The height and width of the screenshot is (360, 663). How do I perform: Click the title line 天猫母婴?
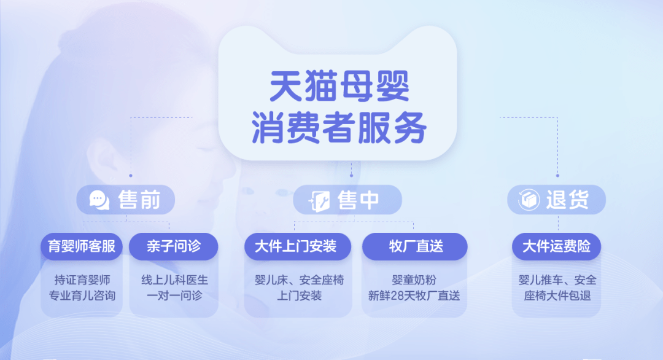(x=339, y=86)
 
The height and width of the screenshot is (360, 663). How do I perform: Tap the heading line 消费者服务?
(x=339, y=127)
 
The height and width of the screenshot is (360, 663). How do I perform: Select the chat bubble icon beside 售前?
(x=99, y=200)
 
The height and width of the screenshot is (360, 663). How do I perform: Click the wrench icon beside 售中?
(x=319, y=200)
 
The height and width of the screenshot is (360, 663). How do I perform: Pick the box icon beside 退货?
(x=529, y=199)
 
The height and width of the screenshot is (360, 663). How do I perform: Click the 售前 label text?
(x=139, y=200)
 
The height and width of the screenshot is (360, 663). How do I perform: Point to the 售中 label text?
(x=358, y=200)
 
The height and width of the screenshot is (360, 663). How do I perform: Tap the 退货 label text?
(x=567, y=199)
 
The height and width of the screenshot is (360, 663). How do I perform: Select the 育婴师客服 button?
(x=82, y=246)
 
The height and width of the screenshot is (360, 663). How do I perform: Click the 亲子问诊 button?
(x=173, y=246)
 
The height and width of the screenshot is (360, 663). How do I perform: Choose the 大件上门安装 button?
(x=298, y=246)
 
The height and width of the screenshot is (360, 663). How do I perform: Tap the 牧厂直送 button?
(x=415, y=246)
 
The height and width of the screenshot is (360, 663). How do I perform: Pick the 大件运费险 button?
(x=556, y=246)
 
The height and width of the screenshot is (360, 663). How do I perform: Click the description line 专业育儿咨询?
(x=82, y=295)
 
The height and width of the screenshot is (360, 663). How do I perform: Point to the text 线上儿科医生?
(x=174, y=280)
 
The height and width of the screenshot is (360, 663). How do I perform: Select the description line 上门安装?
(x=299, y=295)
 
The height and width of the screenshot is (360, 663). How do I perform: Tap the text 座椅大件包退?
(x=557, y=295)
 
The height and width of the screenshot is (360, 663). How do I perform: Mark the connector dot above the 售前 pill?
(x=131, y=175)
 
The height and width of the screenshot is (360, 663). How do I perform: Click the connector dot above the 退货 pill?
(x=557, y=175)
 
